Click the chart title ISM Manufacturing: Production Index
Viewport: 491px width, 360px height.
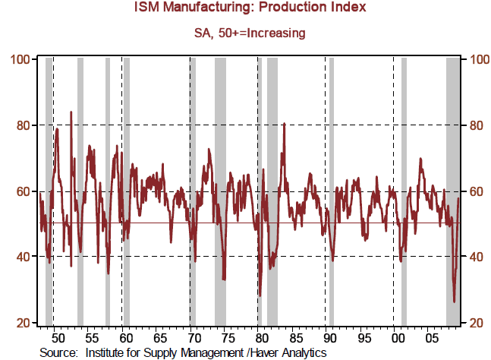point(245,8)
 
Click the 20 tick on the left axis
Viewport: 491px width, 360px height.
point(21,324)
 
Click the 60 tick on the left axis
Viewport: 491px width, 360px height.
point(21,191)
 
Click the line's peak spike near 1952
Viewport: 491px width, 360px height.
point(71,112)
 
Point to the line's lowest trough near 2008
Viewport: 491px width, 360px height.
point(455,302)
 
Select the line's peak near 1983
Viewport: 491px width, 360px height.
point(284,124)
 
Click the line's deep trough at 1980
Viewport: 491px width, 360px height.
point(259,295)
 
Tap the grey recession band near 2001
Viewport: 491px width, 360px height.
point(404,190)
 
